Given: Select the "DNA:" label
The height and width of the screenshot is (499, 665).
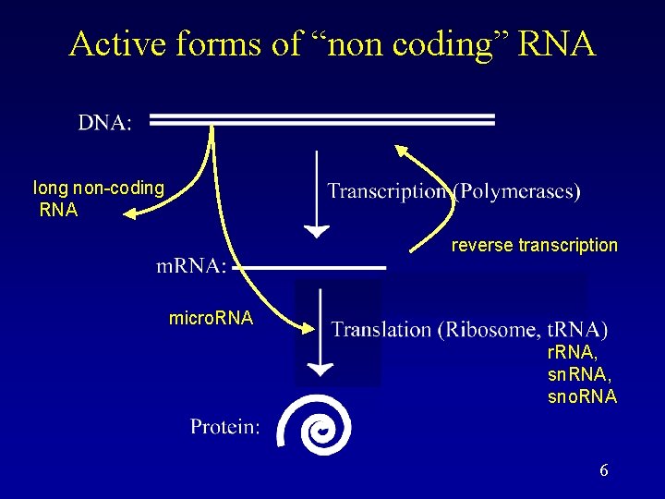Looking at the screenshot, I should [x=104, y=123].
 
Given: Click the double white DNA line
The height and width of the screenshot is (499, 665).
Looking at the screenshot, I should [x=322, y=119].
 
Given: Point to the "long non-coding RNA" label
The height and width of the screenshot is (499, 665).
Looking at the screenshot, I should [x=98, y=199].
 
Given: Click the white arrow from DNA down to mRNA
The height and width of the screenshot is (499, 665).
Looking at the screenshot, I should [x=317, y=194].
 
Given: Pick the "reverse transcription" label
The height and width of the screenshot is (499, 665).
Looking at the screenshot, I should [x=534, y=245].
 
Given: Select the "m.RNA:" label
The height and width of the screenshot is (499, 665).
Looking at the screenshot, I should [x=191, y=266].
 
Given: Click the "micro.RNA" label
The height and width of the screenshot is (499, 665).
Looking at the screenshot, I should [x=211, y=319].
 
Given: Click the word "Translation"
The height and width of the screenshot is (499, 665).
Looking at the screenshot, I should [x=381, y=329].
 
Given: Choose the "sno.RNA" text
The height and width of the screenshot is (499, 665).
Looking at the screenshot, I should [x=582, y=397].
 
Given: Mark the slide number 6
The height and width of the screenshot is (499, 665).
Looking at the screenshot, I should [x=603, y=470].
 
